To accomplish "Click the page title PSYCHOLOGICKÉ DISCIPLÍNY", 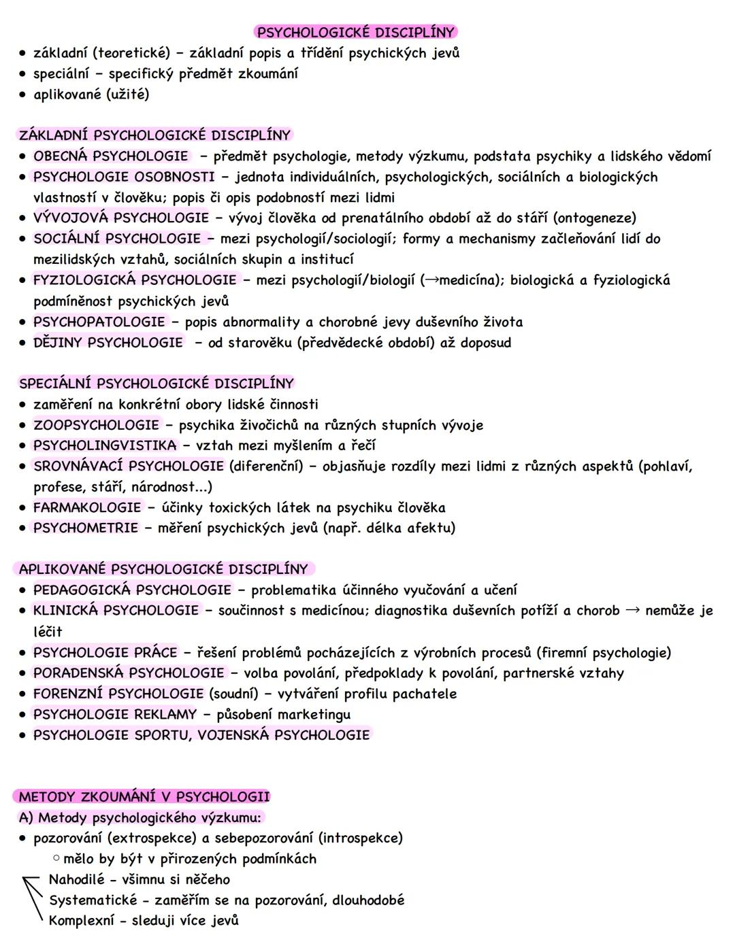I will (355, 32).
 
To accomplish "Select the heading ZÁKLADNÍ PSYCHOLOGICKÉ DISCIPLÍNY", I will (155, 135).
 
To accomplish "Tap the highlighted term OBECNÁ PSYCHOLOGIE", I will (111, 156).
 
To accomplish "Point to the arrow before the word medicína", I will (431, 279).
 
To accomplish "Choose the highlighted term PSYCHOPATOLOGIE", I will (99, 322).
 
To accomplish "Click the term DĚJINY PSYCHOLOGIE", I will (108, 342).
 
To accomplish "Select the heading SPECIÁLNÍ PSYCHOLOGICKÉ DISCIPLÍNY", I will (157, 383).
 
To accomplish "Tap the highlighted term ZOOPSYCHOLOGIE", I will (97, 425).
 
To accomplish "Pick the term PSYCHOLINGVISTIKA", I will (105, 445).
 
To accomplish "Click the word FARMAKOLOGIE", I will (87, 507).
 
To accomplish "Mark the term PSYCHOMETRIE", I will (86, 528).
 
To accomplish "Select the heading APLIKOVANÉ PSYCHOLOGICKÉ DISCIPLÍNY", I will (163, 569).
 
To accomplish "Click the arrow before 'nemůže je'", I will (632, 610).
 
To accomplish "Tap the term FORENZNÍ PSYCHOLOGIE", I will (118, 694).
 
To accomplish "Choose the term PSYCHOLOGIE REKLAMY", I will (115, 714).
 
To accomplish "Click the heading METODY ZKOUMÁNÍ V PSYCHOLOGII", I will (144, 796).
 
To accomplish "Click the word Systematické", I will (93, 900).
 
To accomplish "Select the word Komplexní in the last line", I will (82, 921).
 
